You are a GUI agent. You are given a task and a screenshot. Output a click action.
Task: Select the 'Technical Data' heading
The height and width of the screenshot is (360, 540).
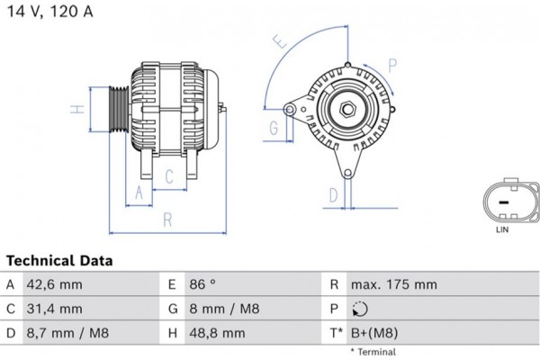(59, 261)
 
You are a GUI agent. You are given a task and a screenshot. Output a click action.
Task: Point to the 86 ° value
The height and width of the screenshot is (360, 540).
(203, 284)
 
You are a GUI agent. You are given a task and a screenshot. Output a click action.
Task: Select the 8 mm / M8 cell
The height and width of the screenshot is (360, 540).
(225, 309)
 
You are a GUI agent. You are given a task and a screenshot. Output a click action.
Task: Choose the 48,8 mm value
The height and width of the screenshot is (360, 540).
(217, 333)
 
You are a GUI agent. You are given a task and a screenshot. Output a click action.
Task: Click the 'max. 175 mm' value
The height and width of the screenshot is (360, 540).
(394, 284)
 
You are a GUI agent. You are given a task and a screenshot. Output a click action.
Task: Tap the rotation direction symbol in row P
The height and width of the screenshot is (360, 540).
(360, 309)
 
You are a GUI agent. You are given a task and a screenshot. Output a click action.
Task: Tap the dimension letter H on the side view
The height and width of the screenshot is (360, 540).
(78, 110)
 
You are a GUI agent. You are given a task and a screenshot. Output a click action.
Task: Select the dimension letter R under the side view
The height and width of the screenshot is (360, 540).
(166, 219)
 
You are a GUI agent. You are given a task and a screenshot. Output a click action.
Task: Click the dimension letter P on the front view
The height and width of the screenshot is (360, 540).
(392, 63)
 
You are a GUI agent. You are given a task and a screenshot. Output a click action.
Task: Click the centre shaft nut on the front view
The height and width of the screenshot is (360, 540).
(347, 112)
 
